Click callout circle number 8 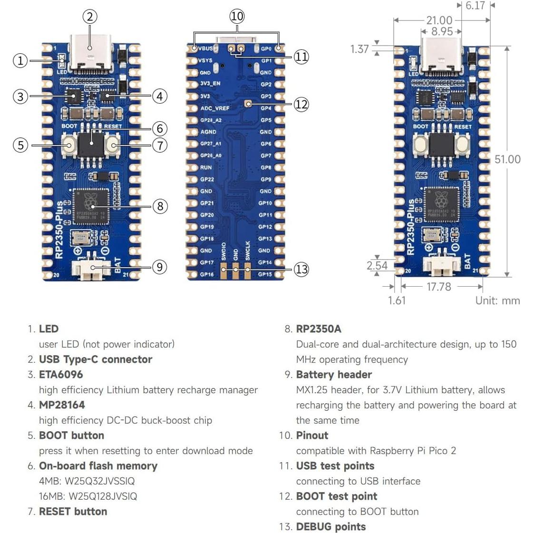(x=160, y=206)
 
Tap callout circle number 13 (x=301, y=269)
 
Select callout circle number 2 (x=90, y=17)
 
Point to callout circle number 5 (x=20, y=145)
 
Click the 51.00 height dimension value (x=507, y=159)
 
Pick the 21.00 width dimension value (x=439, y=20)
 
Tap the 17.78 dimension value (x=438, y=287)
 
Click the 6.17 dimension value (x=475, y=6)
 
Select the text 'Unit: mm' (x=497, y=300)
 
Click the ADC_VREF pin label (x=214, y=108)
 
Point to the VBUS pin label (x=205, y=48)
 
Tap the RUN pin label (x=206, y=167)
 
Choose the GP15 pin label (x=265, y=274)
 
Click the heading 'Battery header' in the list (x=334, y=375)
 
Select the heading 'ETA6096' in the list (x=61, y=375)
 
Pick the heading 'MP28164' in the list (x=62, y=405)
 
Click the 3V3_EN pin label (x=210, y=84)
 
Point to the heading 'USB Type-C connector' (x=95, y=359)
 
